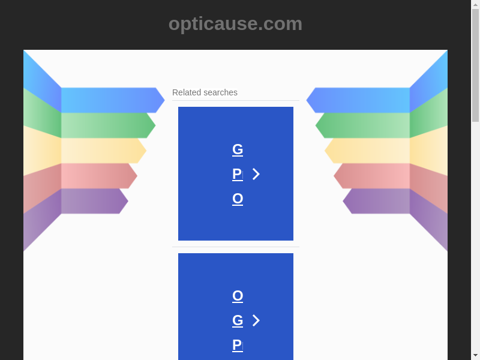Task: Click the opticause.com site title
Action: point(235,24)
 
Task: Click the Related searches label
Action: point(205,92)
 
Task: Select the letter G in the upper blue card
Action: point(238,149)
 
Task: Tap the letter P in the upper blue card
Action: point(238,174)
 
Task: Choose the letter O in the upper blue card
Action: point(238,199)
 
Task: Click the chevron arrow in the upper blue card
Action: point(256,174)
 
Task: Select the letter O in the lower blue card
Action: point(238,296)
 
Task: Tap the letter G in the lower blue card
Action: point(238,320)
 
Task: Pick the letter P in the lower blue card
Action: point(238,344)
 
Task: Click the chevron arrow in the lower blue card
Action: point(256,320)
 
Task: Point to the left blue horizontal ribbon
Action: point(113,100)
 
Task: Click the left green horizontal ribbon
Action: point(109,125)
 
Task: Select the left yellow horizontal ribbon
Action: point(104,151)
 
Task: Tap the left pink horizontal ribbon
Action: point(99,176)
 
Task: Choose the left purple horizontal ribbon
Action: point(95,201)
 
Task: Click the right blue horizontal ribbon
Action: point(358,100)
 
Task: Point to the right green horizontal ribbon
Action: point(362,125)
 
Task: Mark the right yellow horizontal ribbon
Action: point(367,151)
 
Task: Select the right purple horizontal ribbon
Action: point(376,201)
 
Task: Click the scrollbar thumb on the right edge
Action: point(475,65)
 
